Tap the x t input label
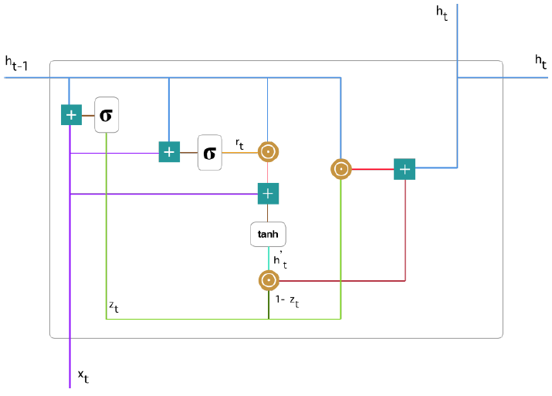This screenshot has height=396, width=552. [x=83, y=376]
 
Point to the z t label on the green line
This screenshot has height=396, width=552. [x=113, y=308]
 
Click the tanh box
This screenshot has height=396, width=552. [x=268, y=233]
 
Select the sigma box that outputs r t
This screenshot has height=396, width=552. [x=209, y=152]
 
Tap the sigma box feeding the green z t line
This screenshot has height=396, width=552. [x=107, y=116]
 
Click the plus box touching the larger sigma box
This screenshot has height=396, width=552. [x=71, y=116]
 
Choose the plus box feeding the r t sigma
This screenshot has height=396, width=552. [x=169, y=152]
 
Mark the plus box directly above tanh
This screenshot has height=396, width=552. [x=268, y=193]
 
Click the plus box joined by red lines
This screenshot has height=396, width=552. [x=405, y=168]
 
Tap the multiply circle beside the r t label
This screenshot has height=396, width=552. [x=268, y=152]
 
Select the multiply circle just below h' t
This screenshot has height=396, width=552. [x=268, y=281]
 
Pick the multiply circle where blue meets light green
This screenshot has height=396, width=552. [x=340, y=168]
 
